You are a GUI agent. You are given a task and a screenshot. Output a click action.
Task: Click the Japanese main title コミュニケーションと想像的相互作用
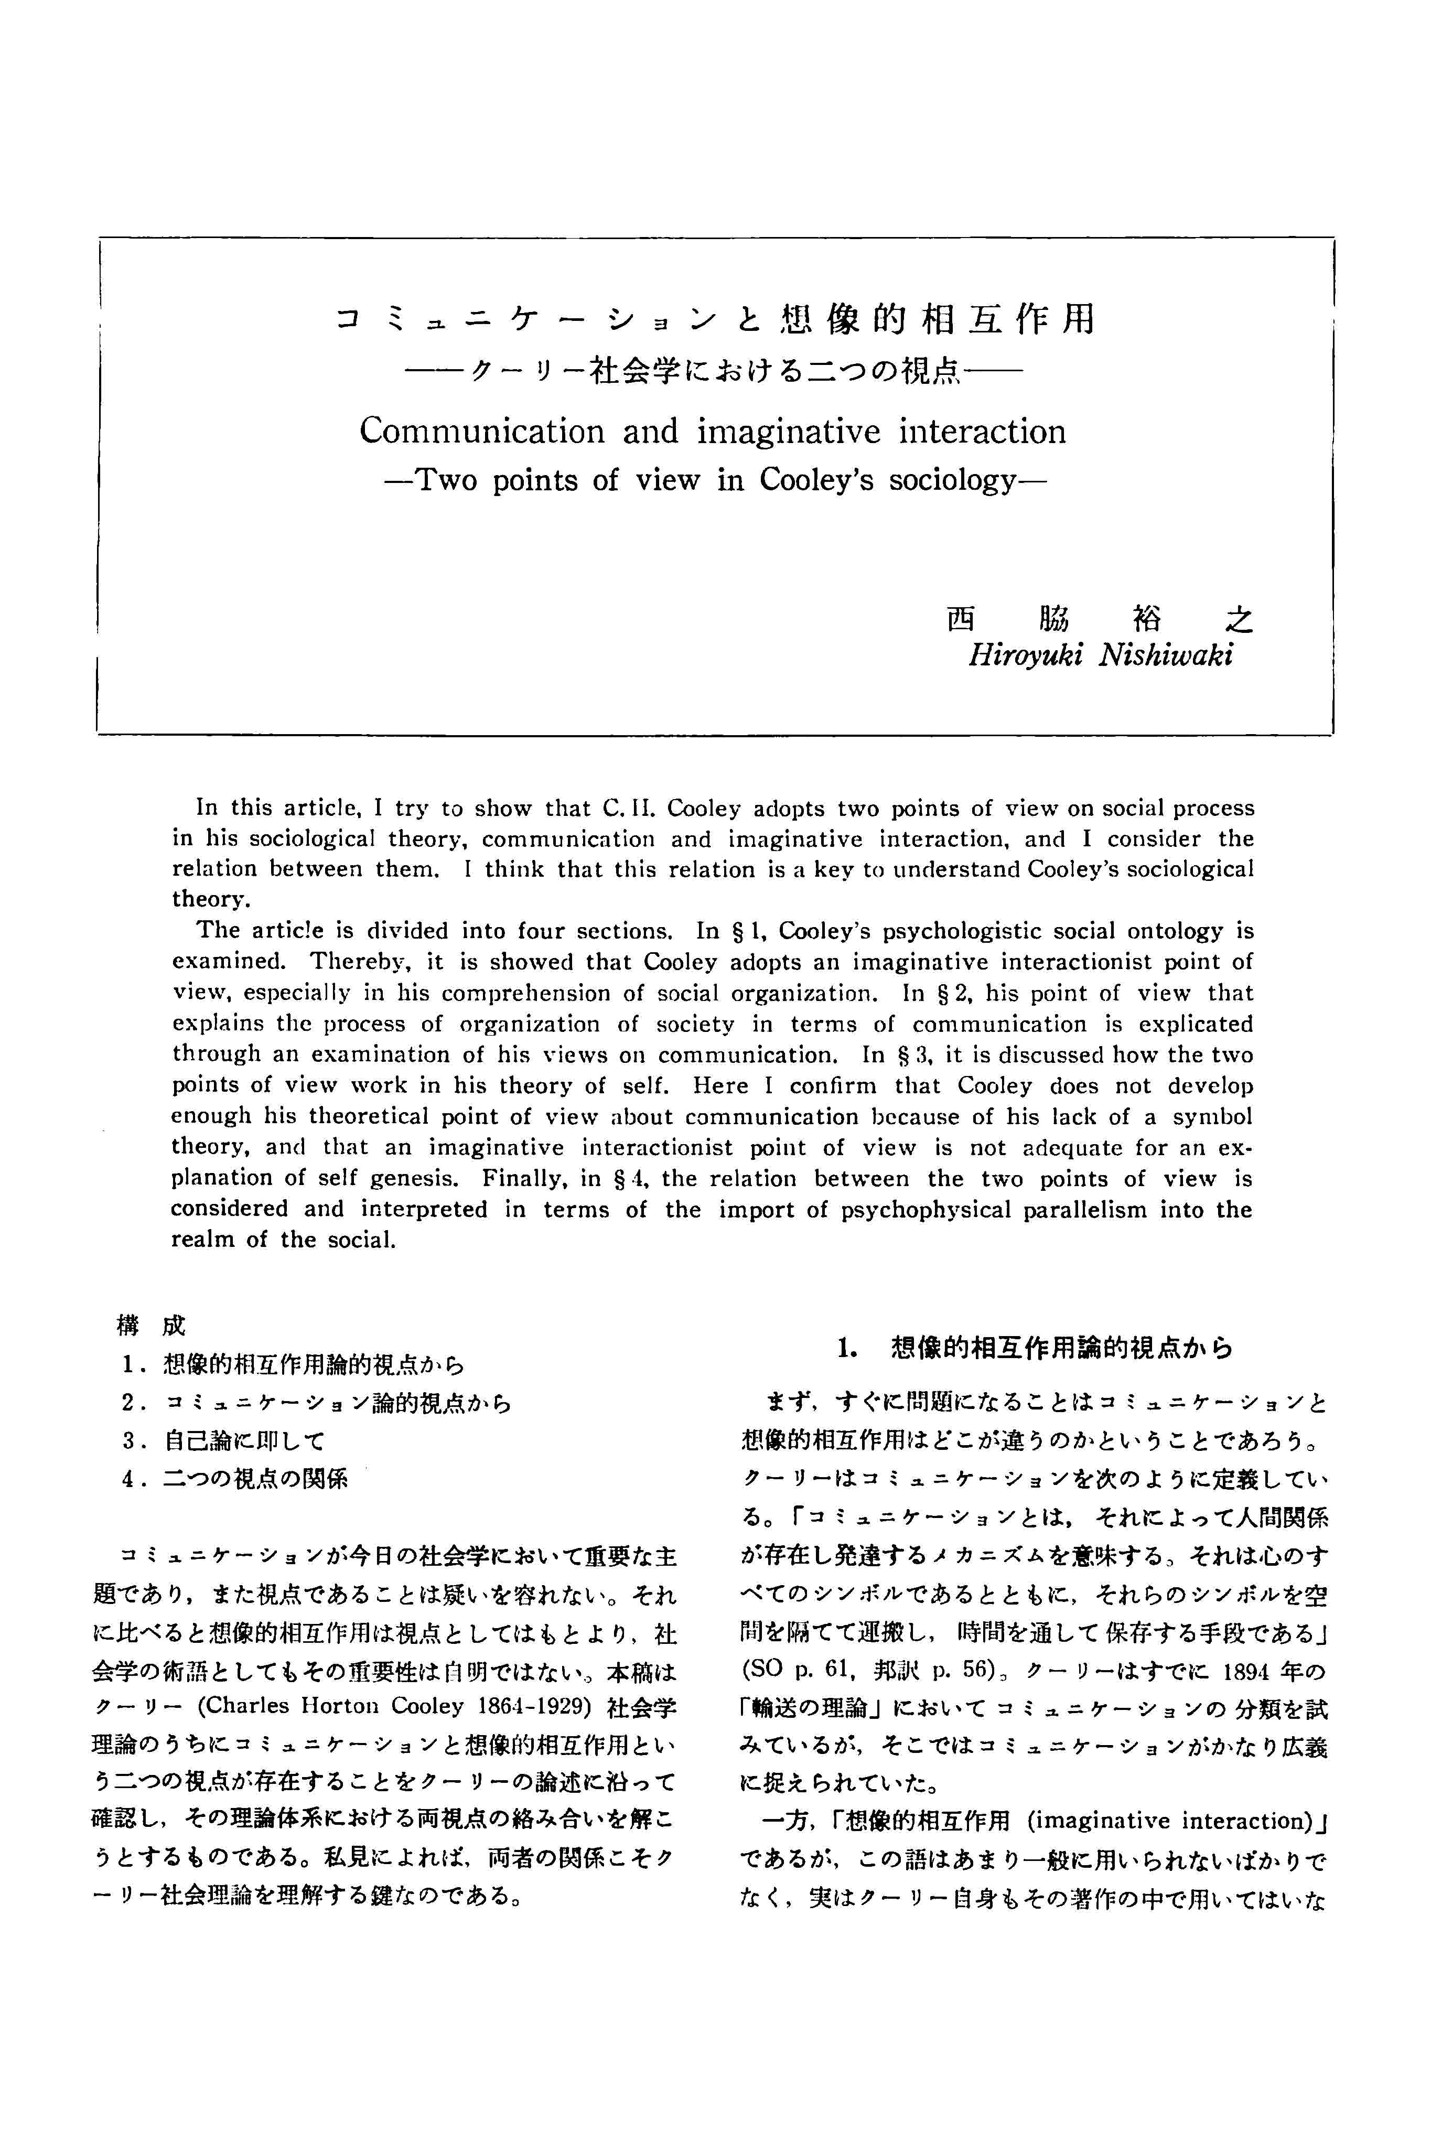[715, 319]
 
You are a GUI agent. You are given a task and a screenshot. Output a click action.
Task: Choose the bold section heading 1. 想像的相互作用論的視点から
[1034, 1349]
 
